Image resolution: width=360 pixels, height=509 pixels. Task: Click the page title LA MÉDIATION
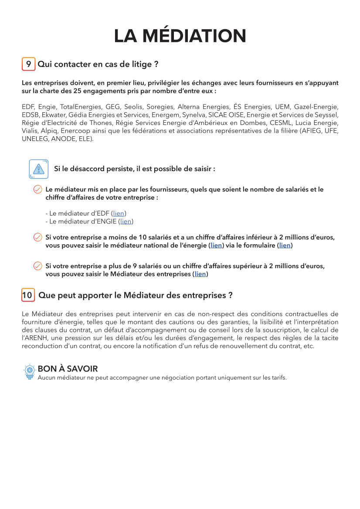click(180, 36)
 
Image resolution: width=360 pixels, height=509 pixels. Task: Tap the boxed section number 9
click(28, 64)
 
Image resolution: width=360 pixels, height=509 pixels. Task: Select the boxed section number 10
click(28, 295)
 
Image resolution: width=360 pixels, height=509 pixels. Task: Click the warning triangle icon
click(38, 169)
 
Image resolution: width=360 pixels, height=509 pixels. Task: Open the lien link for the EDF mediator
click(119, 213)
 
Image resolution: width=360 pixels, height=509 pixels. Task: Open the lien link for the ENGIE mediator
click(126, 222)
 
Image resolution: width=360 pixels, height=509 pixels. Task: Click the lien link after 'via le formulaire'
click(285, 246)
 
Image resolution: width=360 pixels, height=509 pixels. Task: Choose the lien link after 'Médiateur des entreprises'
click(200, 274)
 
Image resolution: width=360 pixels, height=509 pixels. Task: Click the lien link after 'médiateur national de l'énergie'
click(216, 246)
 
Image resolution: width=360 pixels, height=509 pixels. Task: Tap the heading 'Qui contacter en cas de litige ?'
click(98, 64)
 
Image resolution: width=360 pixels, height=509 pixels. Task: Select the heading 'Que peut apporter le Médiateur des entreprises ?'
click(135, 295)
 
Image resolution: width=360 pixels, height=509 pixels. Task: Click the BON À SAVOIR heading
click(68, 369)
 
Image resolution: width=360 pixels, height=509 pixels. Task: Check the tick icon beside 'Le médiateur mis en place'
click(38, 189)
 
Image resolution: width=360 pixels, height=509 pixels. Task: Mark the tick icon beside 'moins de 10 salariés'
click(38, 237)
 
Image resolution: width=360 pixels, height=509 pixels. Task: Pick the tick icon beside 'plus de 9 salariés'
click(38, 266)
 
